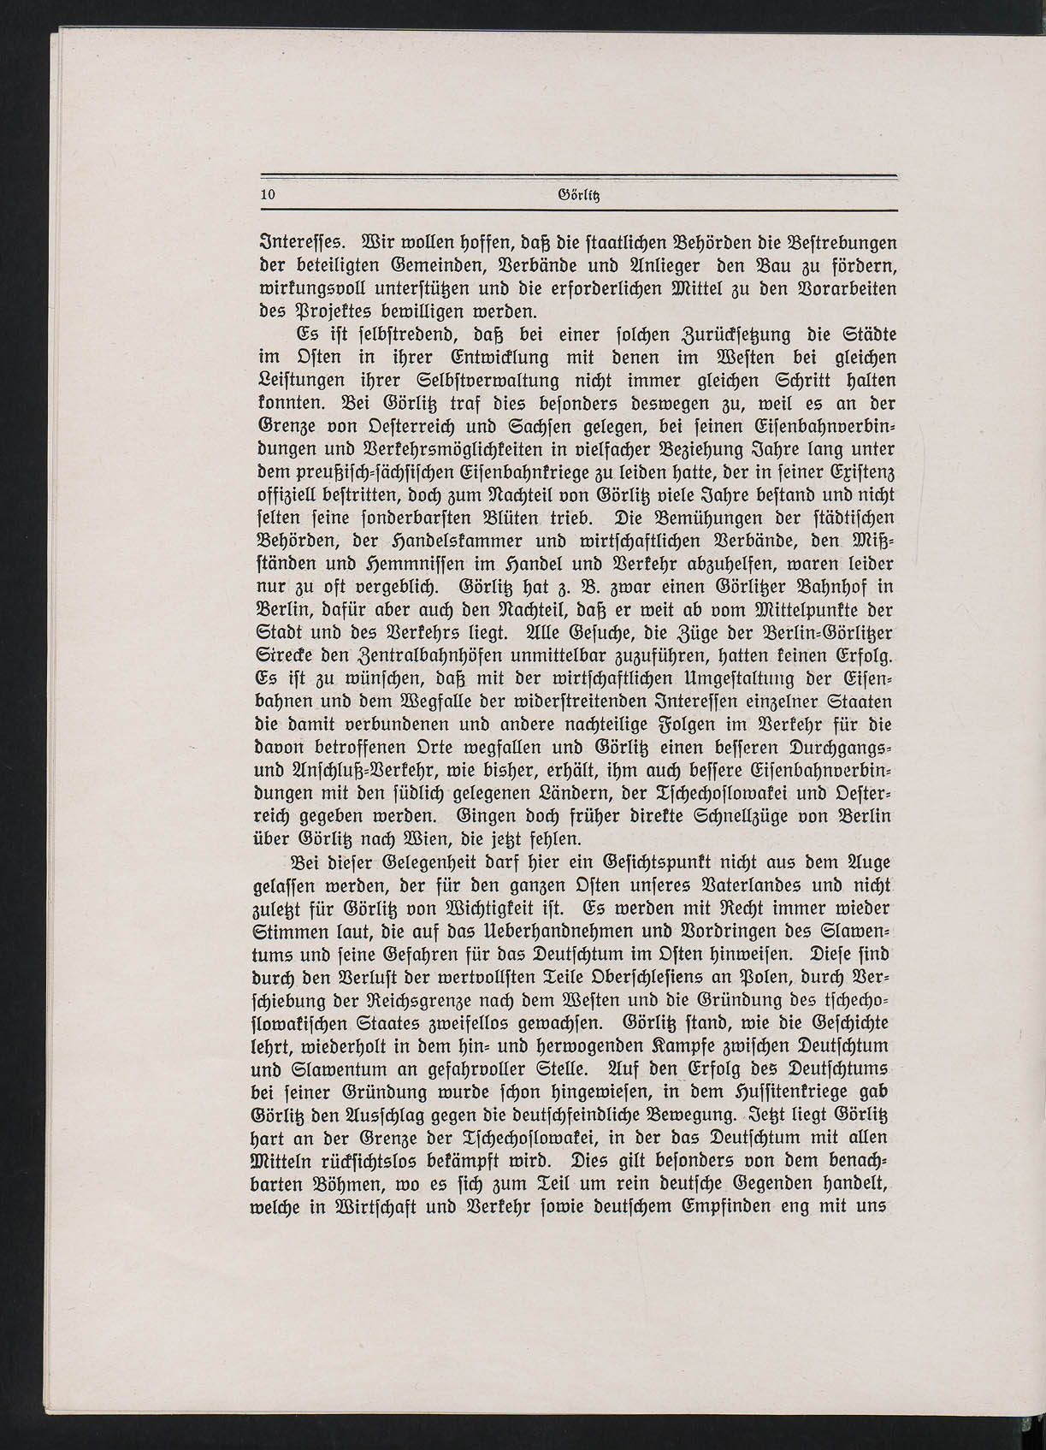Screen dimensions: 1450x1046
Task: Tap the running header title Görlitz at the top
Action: pos(577,195)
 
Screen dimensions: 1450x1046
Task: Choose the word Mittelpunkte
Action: pos(748,612)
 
